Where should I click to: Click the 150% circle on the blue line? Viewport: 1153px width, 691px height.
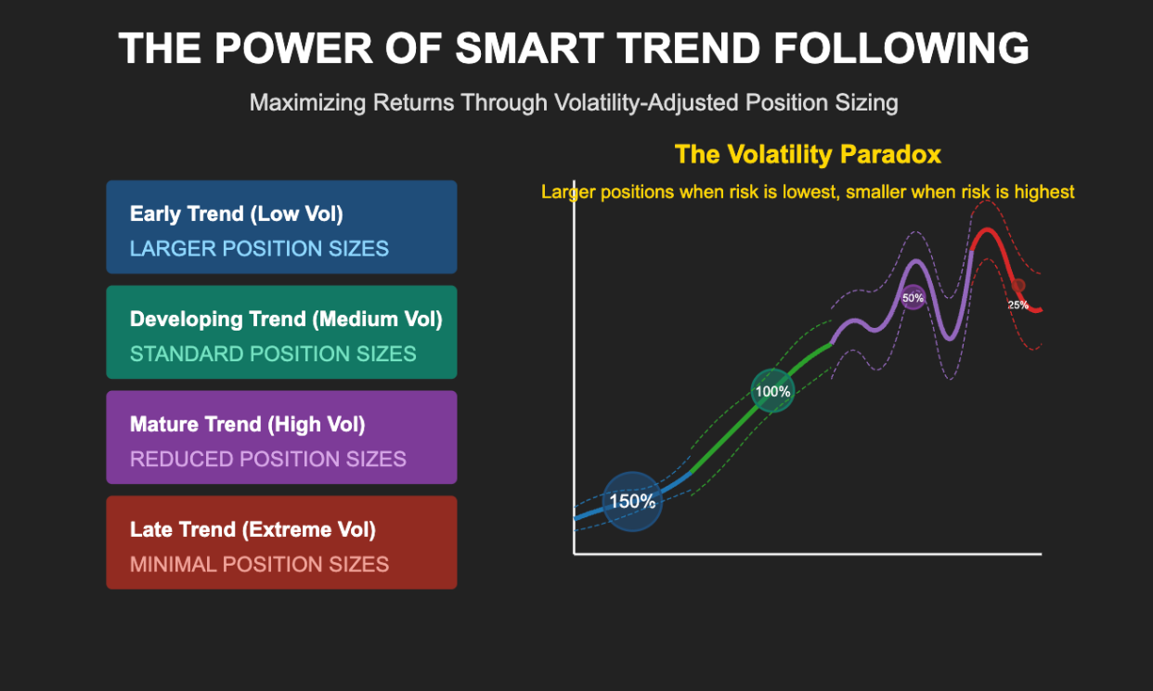[x=631, y=502]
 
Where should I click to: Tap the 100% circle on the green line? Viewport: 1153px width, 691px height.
[x=772, y=391]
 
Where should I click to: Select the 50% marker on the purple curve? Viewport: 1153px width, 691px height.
[x=913, y=298]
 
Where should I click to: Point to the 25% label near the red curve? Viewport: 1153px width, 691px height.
[x=1018, y=305]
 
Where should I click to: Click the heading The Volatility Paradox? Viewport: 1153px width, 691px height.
[x=808, y=154]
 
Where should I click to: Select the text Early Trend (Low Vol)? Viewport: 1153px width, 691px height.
[x=237, y=214]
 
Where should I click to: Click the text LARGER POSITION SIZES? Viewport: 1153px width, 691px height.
[x=259, y=249]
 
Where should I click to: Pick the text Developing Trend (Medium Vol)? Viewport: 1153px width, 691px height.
[x=286, y=319]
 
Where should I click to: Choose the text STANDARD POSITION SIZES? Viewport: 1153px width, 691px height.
[x=273, y=354]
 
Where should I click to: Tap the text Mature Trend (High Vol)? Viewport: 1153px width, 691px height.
[x=248, y=424]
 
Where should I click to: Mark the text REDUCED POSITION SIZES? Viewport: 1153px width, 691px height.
[x=268, y=459]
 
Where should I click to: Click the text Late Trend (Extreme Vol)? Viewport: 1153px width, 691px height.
[x=253, y=529]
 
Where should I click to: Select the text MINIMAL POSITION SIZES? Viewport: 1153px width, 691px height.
[x=259, y=564]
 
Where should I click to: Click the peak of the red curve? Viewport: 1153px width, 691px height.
[x=986, y=229]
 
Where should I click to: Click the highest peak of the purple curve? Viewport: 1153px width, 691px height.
[x=915, y=262]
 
